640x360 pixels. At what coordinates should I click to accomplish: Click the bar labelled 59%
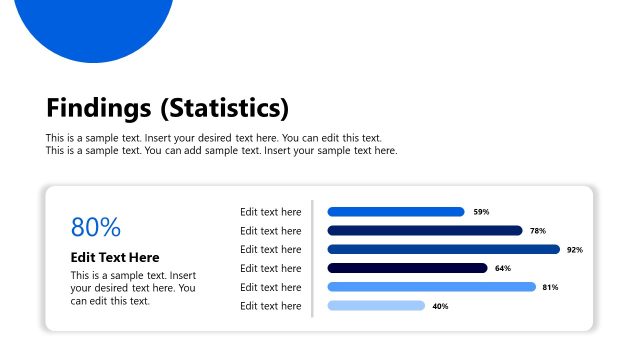click(396, 212)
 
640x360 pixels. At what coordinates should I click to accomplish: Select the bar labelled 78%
click(425, 230)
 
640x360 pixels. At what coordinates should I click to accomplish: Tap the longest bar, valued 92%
click(443, 249)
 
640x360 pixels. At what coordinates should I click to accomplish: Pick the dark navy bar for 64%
click(407, 268)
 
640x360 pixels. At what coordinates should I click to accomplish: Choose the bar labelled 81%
click(431, 287)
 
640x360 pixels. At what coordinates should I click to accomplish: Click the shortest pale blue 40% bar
click(376, 306)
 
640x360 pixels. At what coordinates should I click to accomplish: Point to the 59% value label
click(481, 212)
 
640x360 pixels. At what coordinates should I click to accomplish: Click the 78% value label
click(538, 231)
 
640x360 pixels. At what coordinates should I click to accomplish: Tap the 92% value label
click(574, 250)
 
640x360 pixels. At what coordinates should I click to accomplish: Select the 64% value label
click(503, 268)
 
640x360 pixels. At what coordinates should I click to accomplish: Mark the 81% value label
click(550, 287)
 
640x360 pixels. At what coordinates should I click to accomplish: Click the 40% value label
click(440, 306)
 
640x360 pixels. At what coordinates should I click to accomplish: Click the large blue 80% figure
click(96, 227)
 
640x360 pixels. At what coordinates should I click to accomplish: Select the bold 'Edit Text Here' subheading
click(115, 257)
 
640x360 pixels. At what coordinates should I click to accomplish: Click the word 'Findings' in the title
click(98, 108)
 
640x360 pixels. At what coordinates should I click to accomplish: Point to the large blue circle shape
click(96, 20)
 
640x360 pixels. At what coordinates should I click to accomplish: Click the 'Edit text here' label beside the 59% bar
click(270, 212)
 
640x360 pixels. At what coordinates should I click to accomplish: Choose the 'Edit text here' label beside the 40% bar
click(270, 306)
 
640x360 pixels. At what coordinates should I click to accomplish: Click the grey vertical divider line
click(313, 258)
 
